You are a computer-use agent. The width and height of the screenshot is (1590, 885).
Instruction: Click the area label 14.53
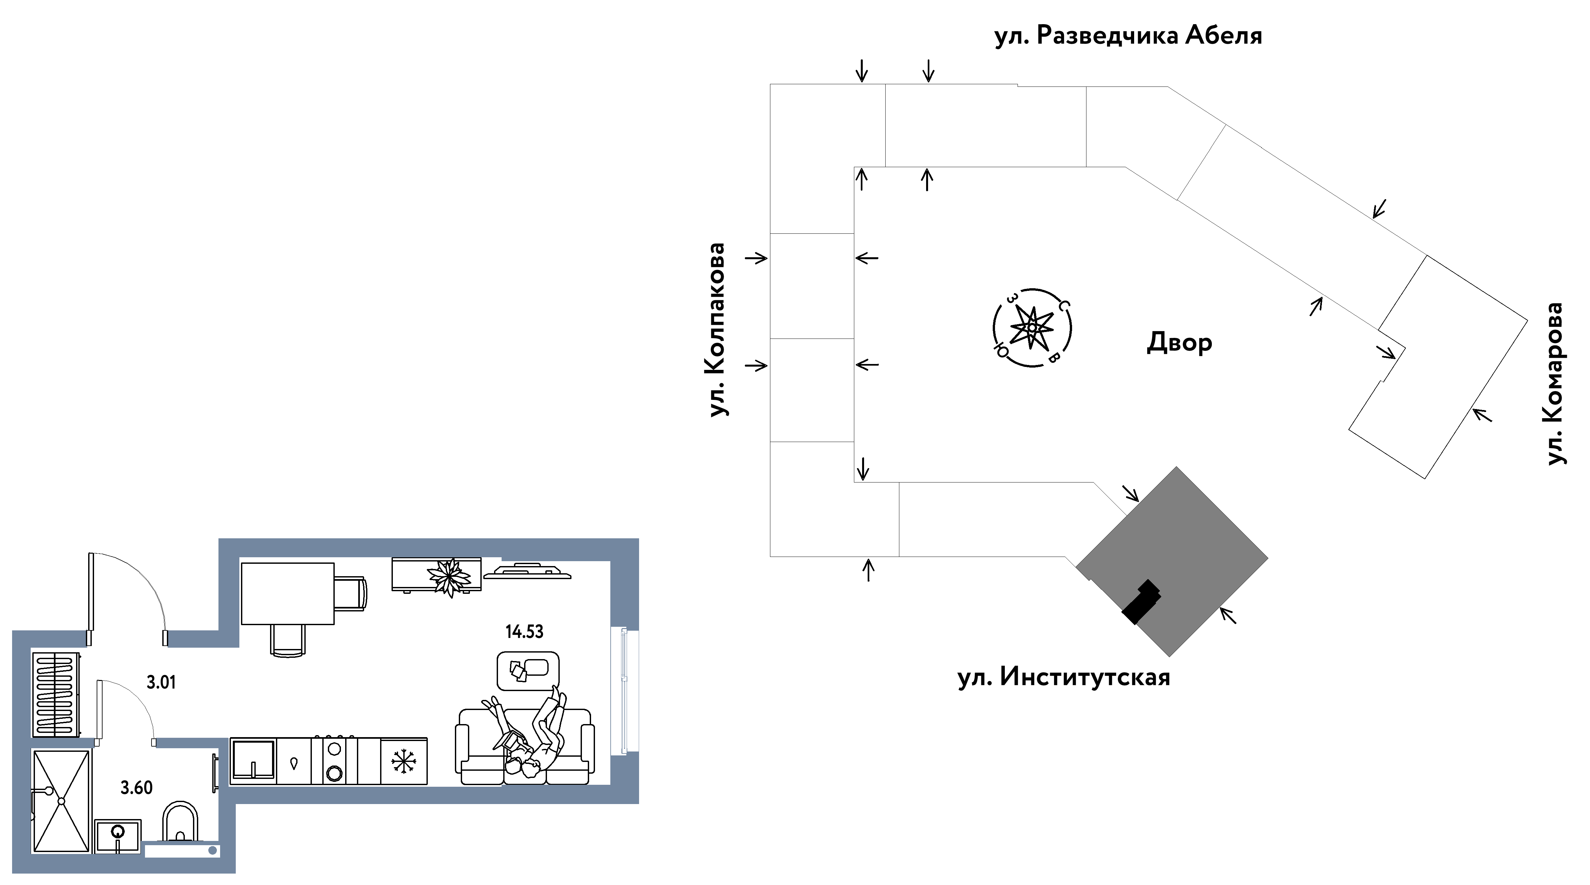pyautogui.click(x=524, y=631)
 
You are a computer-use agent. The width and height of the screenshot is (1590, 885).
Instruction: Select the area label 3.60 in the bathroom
pyautogui.click(x=137, y=787)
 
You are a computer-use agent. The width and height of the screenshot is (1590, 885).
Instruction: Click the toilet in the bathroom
pyautogui.click(x=180, y=821)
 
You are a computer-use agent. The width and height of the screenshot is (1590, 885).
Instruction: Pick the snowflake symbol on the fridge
pyautogui.click(x=404, y=762)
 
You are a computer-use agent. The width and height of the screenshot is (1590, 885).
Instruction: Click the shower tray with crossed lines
pyautogui.click(x=61, y=801)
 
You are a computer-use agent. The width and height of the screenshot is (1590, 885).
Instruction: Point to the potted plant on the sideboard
pyautogui.click(x=450, y=577)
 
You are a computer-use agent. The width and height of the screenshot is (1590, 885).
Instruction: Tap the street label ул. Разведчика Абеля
pyautogui.click(x=1128, y=36)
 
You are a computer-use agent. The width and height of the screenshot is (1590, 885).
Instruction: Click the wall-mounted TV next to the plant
pyautogui.click(x=527, y=572)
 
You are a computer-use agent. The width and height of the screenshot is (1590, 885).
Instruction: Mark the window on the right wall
pyautogui.click(x=624, y=691)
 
